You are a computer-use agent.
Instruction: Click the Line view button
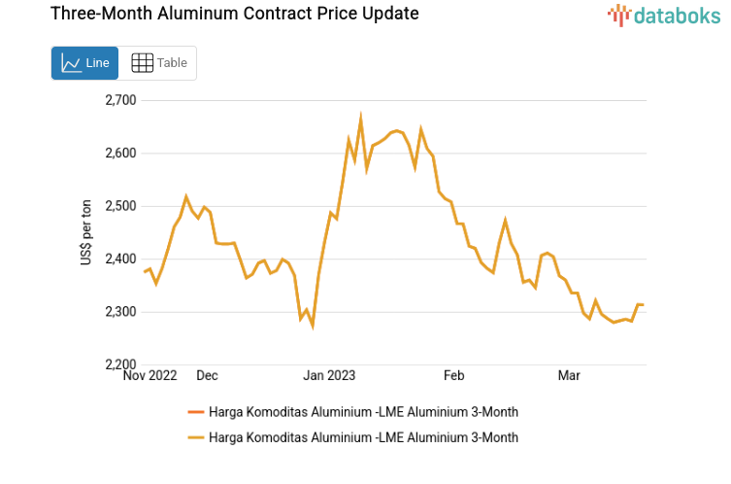[x=84, y=63]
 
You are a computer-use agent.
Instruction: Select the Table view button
[x=158, y=63]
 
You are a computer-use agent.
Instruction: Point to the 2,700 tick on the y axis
[x=120, y=100]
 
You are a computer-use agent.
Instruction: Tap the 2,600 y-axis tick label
[x=120, y=154]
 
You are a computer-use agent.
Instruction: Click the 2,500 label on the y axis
[x=120, y=206]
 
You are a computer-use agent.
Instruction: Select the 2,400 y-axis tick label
[x=120, y=259]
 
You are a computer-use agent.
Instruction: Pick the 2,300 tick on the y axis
[x=120, y=312]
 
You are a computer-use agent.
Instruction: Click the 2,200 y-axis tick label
[x=120, y=364]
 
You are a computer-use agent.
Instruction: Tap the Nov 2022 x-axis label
[x=150, y=375]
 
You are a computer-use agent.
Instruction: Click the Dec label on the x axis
[x=207, y=375]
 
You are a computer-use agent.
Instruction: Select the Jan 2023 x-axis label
[x=329, y=375]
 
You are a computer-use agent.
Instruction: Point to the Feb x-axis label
[x=454, y=375]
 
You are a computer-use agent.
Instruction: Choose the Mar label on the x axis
[x=569, y=375]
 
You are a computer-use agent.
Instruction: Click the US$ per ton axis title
[x=86, y=232]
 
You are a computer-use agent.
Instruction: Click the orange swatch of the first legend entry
[x=194, y=413]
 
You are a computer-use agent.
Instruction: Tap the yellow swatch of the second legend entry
[x=194, y=437]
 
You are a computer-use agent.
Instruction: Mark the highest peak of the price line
[x=360, y=117]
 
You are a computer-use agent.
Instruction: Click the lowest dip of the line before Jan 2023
[x=313, y=326]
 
